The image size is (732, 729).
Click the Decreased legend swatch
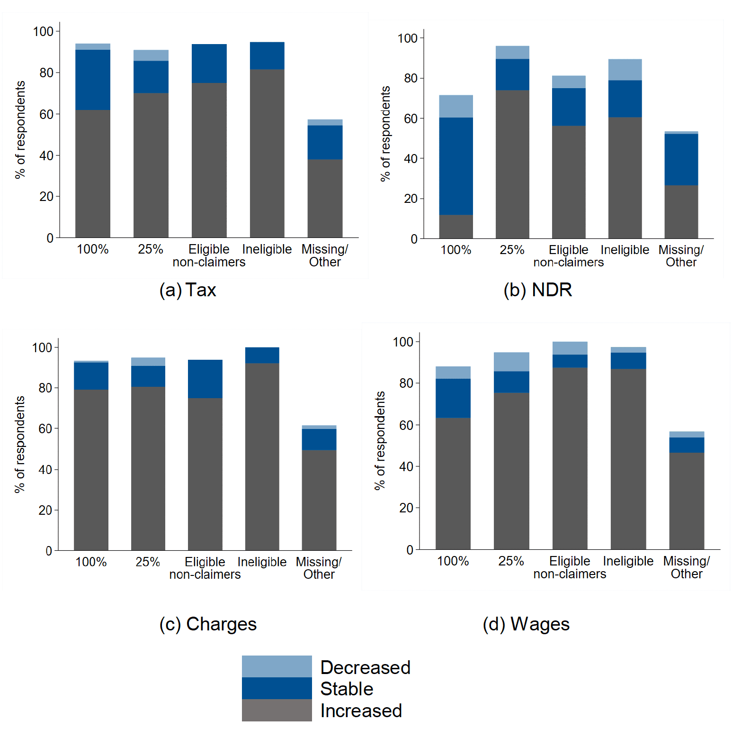coord(277,666)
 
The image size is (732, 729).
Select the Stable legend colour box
coord(277,688)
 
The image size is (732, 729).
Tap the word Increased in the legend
coord(361,711)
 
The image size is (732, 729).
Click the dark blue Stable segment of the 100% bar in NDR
coord(456,166)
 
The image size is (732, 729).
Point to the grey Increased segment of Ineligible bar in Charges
coord(262,457)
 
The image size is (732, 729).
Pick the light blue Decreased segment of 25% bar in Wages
coord(511,362)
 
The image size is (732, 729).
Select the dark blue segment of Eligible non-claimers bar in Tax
coord(209,64)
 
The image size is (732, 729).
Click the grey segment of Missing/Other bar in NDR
coord(681,212)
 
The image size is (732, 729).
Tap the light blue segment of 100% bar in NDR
coord(456,106)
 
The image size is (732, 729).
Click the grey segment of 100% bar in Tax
coord(93,173)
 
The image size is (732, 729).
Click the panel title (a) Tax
coord(187,290)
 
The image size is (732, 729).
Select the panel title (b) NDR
coord(537,290)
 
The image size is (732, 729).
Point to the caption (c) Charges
coord(208,624)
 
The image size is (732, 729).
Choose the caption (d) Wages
coord(526,624)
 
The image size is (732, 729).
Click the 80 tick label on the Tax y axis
coord(46,73)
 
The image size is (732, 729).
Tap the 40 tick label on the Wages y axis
coord(406,466)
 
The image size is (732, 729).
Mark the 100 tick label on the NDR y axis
coord(408,38)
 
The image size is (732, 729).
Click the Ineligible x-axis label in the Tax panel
coord(267,249)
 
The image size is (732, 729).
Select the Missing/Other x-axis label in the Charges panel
coord(319,568)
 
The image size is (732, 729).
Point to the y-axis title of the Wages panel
coord(380,440)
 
